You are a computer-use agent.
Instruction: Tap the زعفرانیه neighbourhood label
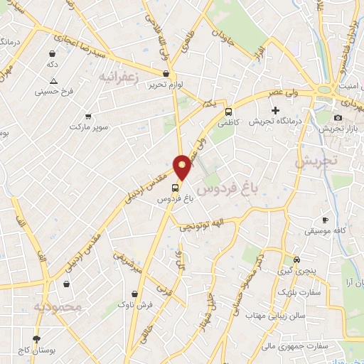coord(122,75)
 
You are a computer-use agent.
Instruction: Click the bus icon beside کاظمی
coord(229,112)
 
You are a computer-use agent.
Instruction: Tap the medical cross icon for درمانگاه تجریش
coord(276,110)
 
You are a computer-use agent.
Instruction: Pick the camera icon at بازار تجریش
coord(338,117)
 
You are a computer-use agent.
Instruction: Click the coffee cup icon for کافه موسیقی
coord(326,220)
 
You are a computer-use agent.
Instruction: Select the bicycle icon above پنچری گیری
coord(297,259)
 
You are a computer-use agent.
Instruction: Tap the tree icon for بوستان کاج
coord(37,338)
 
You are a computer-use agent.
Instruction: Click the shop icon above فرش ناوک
coord(134,294)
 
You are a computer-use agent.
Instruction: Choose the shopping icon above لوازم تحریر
coord(166,73)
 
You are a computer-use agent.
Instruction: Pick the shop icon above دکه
coord(53,53)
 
